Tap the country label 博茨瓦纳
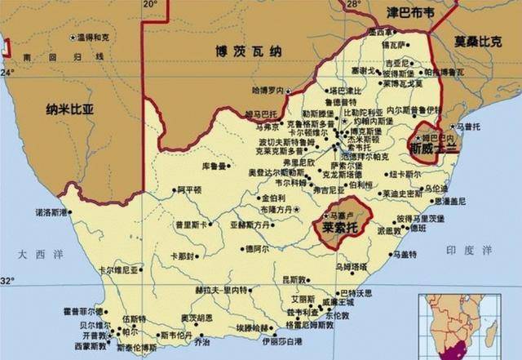click(244, 51)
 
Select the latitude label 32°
click(7, 281)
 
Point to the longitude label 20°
click(149, 5)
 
